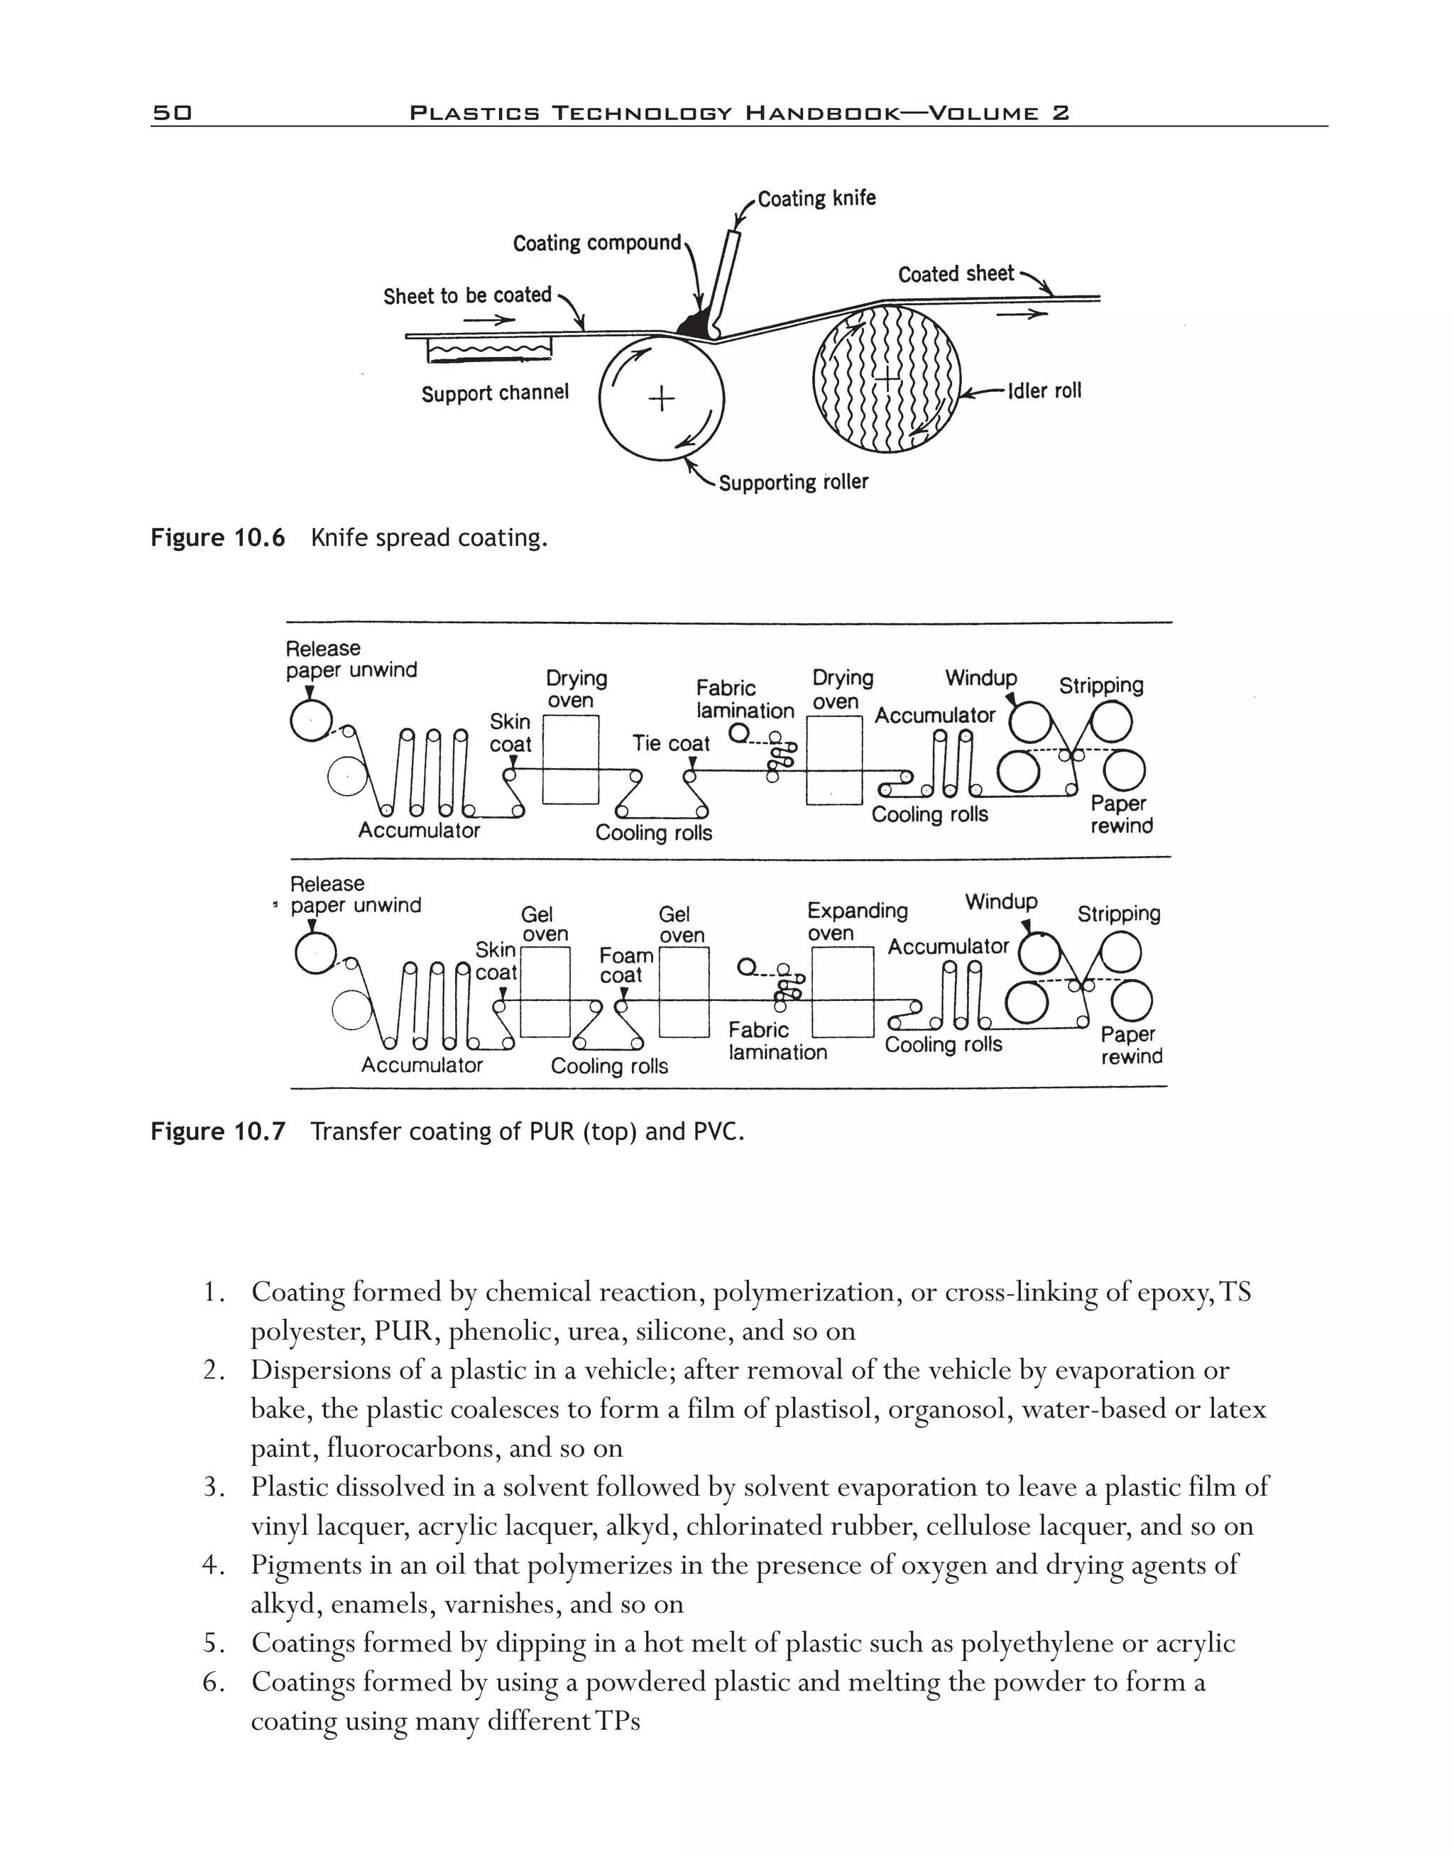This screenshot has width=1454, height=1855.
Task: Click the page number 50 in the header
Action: click(172, 112)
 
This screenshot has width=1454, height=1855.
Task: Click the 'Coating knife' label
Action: click(816, 198)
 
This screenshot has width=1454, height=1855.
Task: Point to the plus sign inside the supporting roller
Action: click(660, 398)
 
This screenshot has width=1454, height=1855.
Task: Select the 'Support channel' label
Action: click(495, 393)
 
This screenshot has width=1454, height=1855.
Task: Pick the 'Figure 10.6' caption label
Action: click(217, 538)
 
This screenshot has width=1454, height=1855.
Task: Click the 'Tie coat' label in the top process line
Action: click(670, 743)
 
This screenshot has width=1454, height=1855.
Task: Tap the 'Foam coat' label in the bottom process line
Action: click(625, 965)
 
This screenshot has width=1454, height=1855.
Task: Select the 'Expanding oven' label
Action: click(856, 921)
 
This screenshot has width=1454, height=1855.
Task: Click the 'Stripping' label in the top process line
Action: click(1100, 685)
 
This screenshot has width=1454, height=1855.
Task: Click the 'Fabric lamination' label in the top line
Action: click(744, 699)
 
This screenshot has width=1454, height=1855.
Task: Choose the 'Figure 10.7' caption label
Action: click(217, 1132)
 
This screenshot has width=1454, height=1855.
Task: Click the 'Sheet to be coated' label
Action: click(466, 295)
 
